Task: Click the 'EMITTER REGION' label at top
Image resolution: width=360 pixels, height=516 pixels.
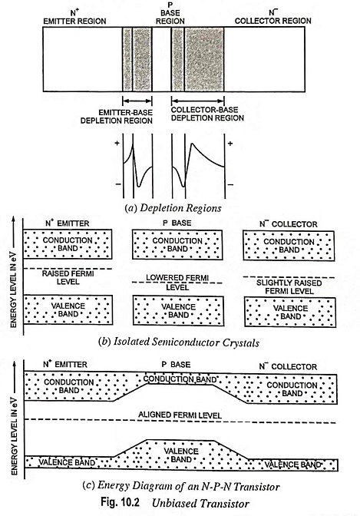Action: coord(74,21)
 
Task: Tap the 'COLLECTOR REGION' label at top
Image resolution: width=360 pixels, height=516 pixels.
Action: coord(272,21)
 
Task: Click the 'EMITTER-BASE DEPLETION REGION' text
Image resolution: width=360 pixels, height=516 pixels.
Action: coord(117,117)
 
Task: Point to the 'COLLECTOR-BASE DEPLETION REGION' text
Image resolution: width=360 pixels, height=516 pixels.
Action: coord(207,114)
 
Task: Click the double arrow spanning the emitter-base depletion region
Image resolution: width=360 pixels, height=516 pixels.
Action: coord(137,101)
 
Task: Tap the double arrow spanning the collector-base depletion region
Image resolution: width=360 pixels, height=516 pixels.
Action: coord(198,101)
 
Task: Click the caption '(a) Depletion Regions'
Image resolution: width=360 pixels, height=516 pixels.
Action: coord(173,208)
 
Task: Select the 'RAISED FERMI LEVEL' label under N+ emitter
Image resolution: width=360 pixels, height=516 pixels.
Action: coord(68,277)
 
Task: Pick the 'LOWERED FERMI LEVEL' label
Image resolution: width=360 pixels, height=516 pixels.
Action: coord(177,283)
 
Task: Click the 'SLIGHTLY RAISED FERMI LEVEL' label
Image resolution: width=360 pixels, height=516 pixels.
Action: coord(289,287)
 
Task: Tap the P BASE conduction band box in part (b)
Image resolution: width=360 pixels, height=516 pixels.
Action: coord(177,245)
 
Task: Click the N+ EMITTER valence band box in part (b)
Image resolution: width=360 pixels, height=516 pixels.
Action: coord(68,309)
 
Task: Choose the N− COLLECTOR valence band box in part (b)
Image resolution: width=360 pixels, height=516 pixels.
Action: coord(290,312)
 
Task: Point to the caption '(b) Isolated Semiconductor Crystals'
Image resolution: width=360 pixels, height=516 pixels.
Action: coord(179,342)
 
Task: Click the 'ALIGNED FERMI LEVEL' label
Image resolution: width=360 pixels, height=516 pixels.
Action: coord(180,415)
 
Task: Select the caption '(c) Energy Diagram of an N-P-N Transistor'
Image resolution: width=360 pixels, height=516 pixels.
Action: coord(181,486)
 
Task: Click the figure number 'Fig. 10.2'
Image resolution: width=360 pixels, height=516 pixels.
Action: coord(120,502)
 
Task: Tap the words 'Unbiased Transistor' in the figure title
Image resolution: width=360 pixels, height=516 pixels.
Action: coord(201,503)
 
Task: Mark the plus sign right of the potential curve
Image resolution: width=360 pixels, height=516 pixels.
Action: coord(230,144)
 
